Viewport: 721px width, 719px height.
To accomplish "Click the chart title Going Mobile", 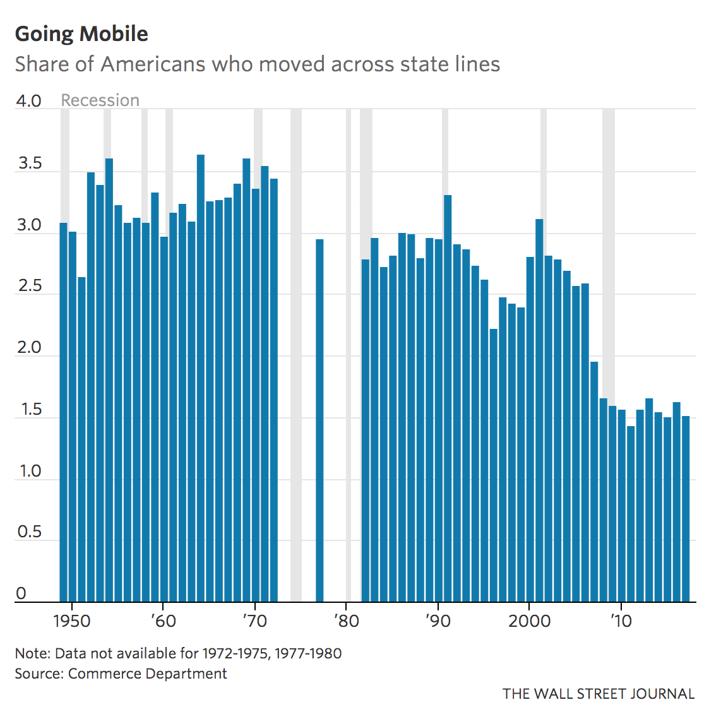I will [81, 34].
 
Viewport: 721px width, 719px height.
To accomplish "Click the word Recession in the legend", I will [100, 100].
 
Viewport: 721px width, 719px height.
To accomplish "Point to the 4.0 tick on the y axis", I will [28, 101].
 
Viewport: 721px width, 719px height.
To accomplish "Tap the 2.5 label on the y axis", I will [28, 287].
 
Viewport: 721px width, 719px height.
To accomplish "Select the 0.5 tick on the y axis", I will [28, 532].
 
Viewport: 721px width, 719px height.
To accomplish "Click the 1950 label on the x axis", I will [71, 621].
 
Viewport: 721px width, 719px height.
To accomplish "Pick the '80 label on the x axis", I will [345, 621].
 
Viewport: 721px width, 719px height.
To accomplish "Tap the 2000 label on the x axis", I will [529, 621].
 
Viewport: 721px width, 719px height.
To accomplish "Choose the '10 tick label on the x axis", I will [621, 621].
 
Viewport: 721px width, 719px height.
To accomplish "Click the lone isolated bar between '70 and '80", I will [319, 420].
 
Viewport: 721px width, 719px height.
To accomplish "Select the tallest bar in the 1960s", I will [201, 379].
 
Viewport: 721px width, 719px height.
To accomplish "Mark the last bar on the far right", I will [686, 508].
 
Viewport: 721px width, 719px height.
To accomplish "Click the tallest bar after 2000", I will [539, 410].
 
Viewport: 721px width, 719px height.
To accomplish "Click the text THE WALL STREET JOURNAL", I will [599, 694].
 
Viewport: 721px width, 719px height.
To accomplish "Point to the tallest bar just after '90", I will [448, 398].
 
